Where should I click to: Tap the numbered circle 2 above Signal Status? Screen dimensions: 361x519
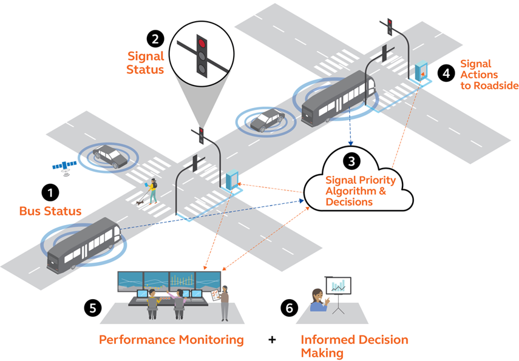click(x=156, y=39)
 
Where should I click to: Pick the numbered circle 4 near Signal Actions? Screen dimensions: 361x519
click(x=446, y=73)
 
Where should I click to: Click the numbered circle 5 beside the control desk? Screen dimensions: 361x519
click(x=92, y=307)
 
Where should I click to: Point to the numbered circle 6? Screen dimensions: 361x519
click(x=290, y=308)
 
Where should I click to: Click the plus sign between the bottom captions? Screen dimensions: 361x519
click(x=272, y=340)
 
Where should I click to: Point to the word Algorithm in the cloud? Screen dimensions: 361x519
click(x=348, y=191)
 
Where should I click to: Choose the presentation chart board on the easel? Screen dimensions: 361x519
click(x=339, y=286)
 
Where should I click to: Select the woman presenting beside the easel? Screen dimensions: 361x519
click(x=317, y=300)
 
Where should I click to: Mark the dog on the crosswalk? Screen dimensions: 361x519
click(x=141, y=201)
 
